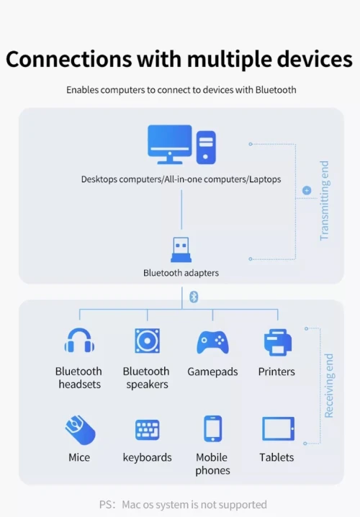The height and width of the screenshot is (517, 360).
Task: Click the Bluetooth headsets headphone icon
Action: tap(79, 341)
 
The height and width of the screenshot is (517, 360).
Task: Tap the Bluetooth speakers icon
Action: tap(148, 341)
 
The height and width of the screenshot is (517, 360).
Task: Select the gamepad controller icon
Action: tap(212, 342)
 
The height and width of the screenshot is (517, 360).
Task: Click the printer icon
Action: tap(278, 342)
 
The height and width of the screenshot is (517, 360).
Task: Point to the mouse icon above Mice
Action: tap(80, 430)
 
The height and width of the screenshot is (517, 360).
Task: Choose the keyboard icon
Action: tap(148, 430)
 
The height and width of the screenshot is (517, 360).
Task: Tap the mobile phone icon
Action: tap(212, 428)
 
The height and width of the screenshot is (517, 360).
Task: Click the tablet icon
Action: tap(278, 428)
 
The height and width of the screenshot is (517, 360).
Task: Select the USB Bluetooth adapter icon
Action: tap(181, 250)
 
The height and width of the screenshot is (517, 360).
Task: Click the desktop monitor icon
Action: tap(170, 144)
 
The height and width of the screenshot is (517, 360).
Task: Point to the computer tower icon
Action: tap(206, 148)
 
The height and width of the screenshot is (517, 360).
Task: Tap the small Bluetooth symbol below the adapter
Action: tap(194, 297)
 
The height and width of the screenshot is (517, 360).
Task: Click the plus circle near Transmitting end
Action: tap(307, 190)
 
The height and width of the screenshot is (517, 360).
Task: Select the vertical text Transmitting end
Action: tap(325, 200)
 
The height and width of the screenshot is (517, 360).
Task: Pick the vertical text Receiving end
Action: tap(329, 386)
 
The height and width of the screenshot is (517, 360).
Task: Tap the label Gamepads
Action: tap(212, 372)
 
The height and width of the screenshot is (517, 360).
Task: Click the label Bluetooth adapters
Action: tap(181, 273)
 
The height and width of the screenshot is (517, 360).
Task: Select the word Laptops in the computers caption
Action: tap(265, 179)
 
